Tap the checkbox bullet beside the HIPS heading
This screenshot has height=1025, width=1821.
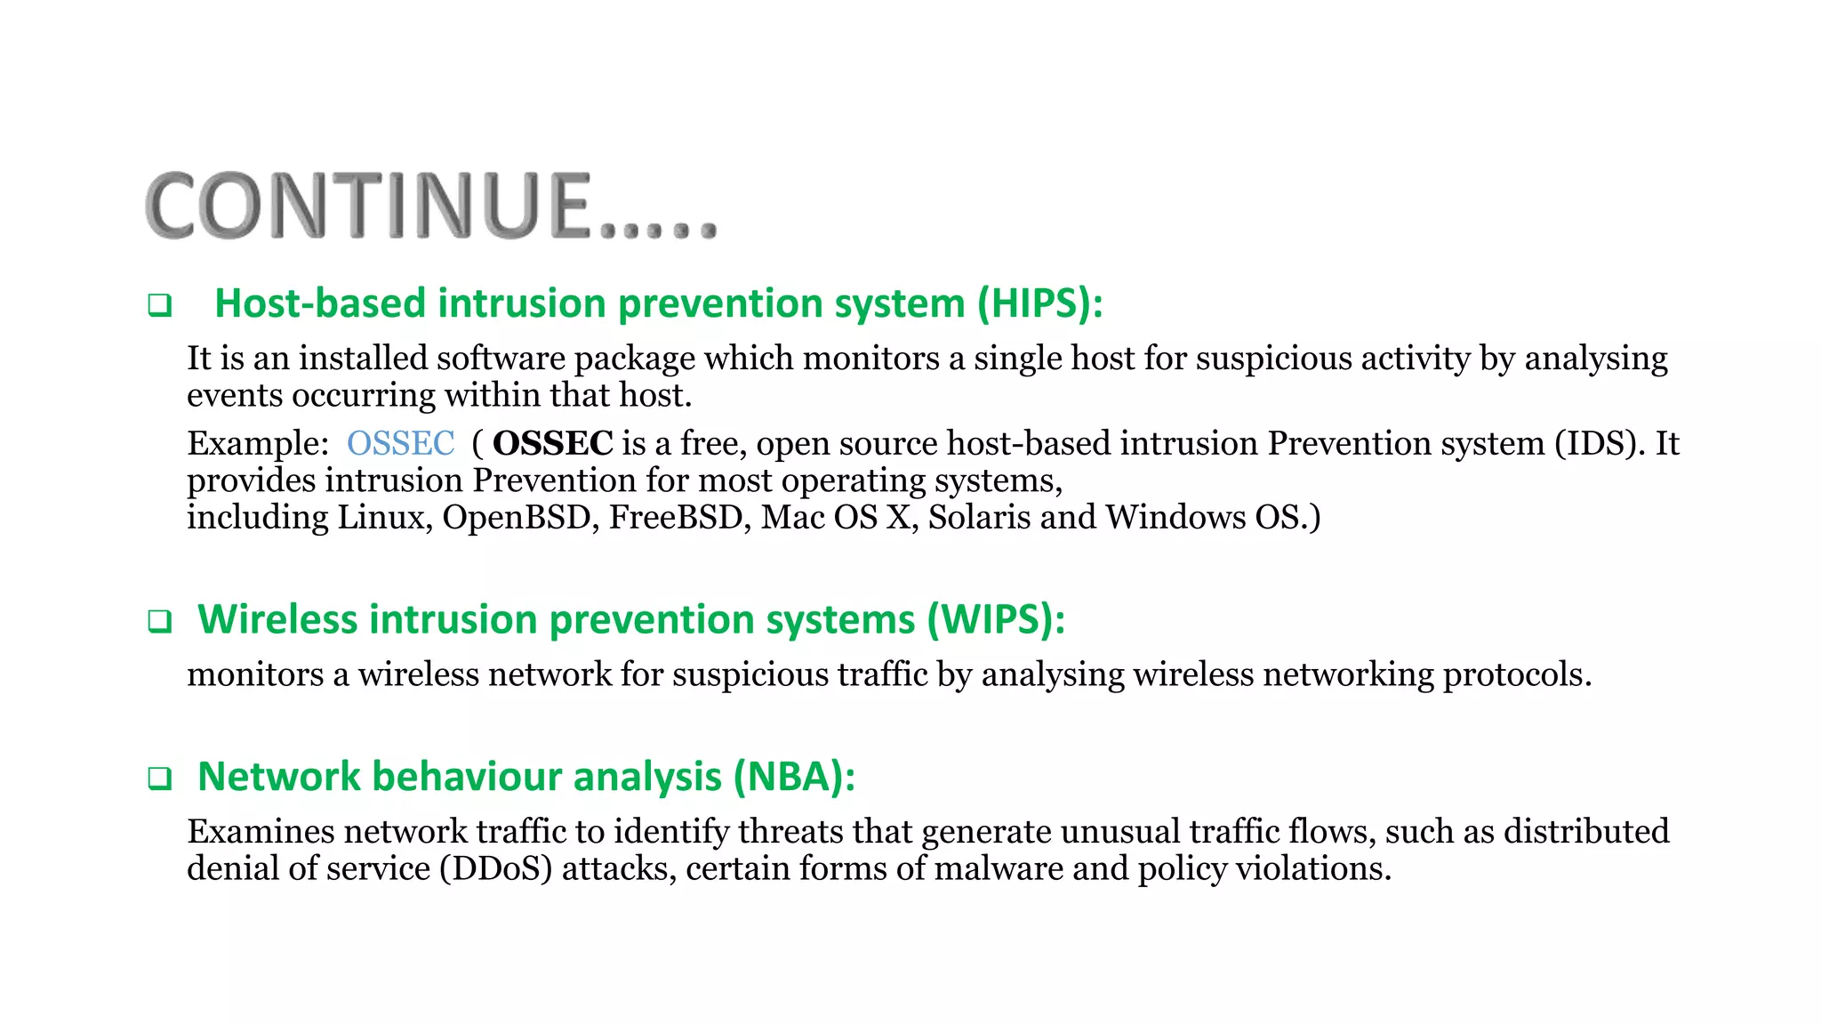point(159,306)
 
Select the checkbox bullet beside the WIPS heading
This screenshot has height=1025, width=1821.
point(159,621)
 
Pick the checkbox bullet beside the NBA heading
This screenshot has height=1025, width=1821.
point(159,779)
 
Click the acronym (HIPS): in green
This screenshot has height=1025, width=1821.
point(1039,304)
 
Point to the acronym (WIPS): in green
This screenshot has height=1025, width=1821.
point(995,620)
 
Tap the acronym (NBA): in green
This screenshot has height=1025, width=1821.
point(794,777)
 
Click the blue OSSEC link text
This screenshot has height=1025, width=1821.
point(400,443)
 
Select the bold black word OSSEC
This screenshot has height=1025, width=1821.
point(552,443)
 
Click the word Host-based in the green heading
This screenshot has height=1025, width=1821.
point(320,304)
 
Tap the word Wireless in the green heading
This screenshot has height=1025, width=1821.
point(277,620)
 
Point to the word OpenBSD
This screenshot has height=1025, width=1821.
point(517,517)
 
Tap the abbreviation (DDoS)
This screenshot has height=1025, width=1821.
point(495,868)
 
